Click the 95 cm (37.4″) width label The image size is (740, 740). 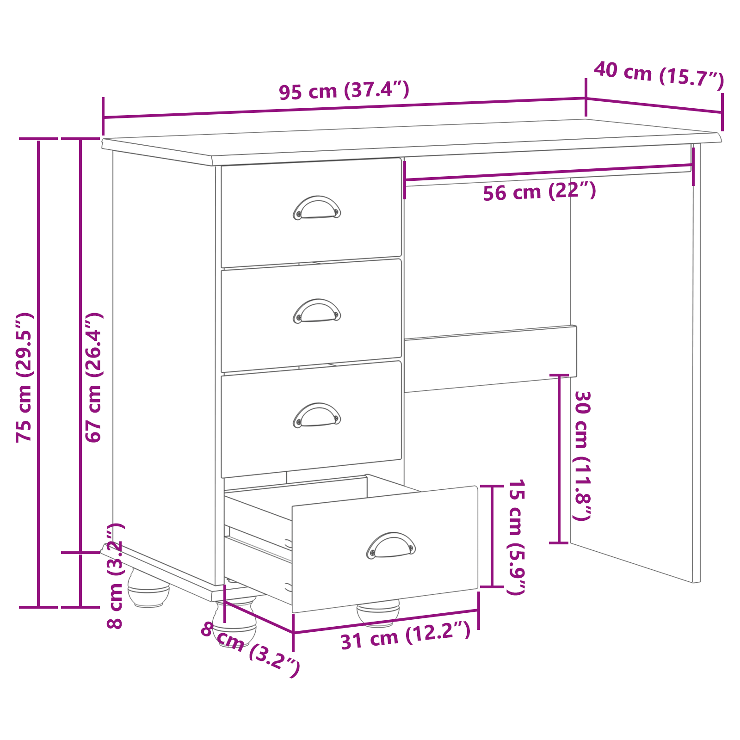[344, 90]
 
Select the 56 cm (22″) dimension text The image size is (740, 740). [539, 191]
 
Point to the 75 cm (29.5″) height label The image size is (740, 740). [24, 377]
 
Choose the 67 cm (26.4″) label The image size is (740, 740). [93, 377]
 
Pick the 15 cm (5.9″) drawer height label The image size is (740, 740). [516, 536]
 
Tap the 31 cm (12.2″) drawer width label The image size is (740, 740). [406, 636]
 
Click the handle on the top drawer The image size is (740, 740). [317, 208]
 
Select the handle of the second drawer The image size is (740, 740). [317, 311]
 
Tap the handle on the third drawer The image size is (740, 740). [317, 415]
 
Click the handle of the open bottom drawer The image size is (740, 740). [391, 545]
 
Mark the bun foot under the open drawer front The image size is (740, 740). [378, 613]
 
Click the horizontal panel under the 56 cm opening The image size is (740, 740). [490, 359]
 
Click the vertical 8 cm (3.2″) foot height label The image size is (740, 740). [115, 576]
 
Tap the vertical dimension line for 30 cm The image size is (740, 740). [560, 458]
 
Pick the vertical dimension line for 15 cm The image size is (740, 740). [492, 536]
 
